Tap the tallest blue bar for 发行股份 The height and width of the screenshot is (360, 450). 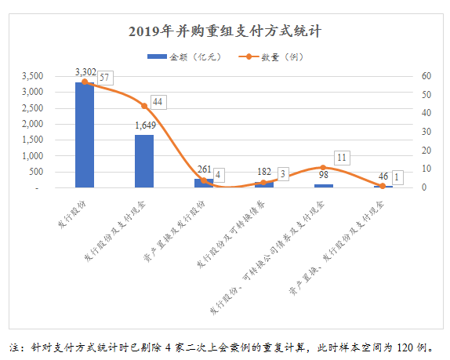click(x=85, y=135)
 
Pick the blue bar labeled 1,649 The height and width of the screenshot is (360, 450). click(x=144, y=161)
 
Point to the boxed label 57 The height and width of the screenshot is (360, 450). click(x=103, y=77)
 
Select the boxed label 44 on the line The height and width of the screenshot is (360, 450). click(x=158, y=102)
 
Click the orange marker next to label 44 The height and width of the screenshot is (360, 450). click(x=144, y=106)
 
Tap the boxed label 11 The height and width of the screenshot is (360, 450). click(x=341, y=158)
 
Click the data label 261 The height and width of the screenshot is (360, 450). click(x=204, y=169)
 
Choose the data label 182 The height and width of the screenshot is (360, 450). click(x=263, y=172)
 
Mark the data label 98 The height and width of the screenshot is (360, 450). click(x=322, y=175)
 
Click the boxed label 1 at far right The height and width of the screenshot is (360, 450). click(x=398, y=178)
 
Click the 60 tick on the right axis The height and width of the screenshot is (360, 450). click(x=426, y=76)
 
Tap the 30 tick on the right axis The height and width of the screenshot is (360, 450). click(x=426, y=132)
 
